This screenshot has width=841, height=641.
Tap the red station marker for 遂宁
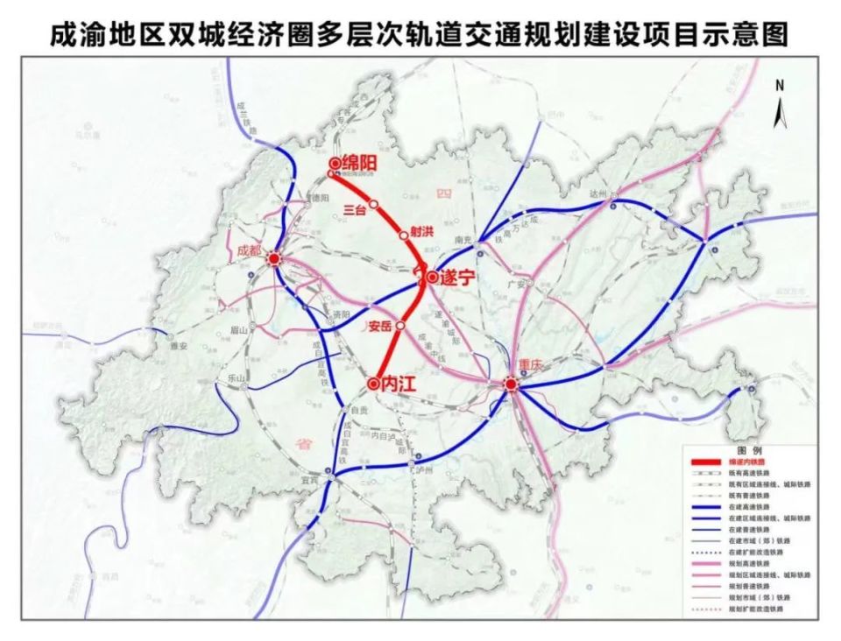point(432,277)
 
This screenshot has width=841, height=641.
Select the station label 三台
point(353,209)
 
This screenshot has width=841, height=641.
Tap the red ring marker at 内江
point(373,383)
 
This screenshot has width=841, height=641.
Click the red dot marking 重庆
point(511,383)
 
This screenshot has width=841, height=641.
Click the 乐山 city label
point(236,378)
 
